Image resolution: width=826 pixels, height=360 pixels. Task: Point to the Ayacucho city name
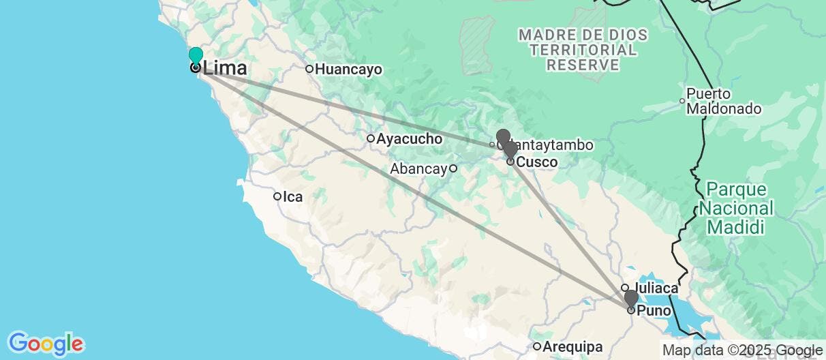pyautogui.click(x=409, y=139)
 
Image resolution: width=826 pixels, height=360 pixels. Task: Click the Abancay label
pyautogui.click(x=418, y=168)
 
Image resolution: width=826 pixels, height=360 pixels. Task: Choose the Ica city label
pyautogui.click(x=293, y=197)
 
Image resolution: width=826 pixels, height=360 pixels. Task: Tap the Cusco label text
pyautogui.click(x=537, y=162)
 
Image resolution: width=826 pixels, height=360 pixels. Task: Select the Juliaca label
pyautogui.click(x=656, y=288)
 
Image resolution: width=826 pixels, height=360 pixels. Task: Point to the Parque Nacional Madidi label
pyautogui.click(x=739, y=208)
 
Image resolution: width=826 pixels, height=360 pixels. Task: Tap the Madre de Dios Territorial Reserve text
pyautogui.click(x=577, y=49)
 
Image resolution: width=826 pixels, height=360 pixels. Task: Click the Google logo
pyautogui.click(x=46, y=343)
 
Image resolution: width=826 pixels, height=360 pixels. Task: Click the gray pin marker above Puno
pyautogui.click(x=631, y=298)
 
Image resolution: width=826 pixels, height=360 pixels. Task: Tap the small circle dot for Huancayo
pyautogui.click(x=309, y=69)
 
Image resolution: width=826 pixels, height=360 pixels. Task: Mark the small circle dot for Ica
pyautogui.click(x=277, y=197)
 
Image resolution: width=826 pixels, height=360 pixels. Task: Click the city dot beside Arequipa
pyautogui.click(x=538, y=346)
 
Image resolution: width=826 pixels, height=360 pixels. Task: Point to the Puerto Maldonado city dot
pyautogui.click(x=682, y=102)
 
